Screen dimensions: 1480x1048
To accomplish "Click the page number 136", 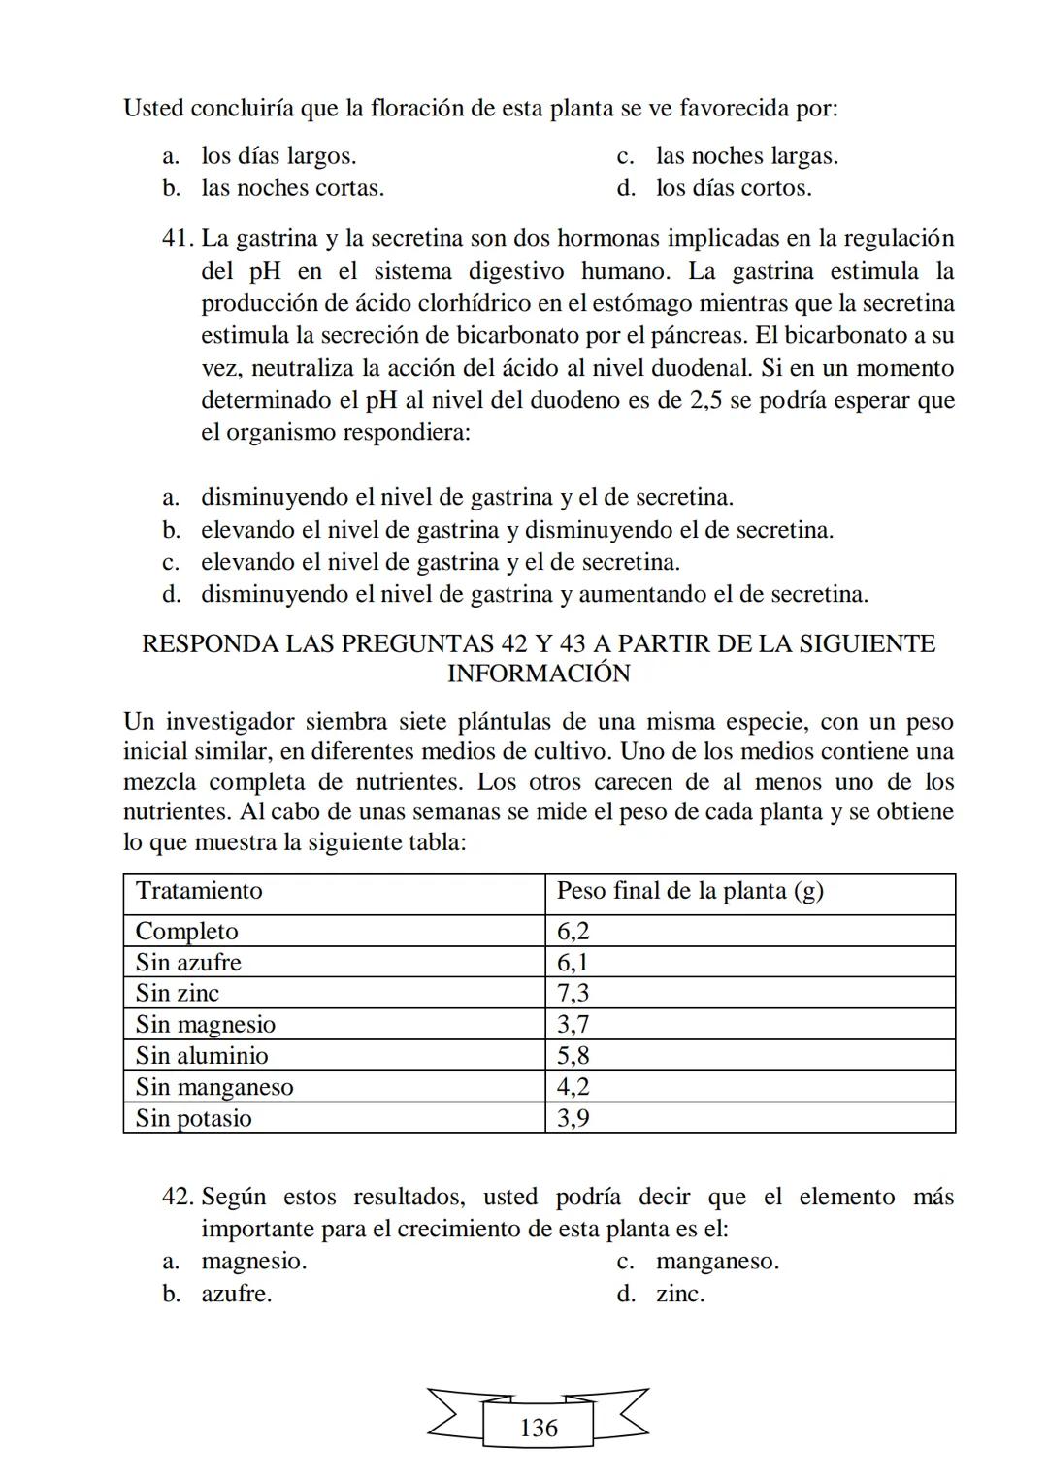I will pyautogui.click(x=539, y=1428).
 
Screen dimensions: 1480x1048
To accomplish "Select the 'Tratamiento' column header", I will pyautogui.click(x=199, y=891).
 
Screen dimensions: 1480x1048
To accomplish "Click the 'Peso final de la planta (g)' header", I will pyautogui.click(x=690, y=891).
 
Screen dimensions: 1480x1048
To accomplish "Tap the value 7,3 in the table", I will pyautogui.click(x=573, y=993).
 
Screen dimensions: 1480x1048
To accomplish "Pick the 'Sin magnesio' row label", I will pyautogui.click(x=206, y=1024).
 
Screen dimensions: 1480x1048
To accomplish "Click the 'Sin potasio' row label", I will pyautogui.click(x=194, y=1118).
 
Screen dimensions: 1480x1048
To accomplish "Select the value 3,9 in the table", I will pyautogui.click(x=573, y=1118).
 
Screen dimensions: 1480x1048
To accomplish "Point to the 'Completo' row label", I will pyautogui.click(x=186, y=932).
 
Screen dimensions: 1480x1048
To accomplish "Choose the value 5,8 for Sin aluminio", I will pyautogui.click(x=573, y=1056).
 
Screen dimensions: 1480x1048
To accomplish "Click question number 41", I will pyautogui.click(x=179, y=239).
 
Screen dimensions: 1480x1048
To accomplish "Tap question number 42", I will pyautogui.click(x=179, y=1198).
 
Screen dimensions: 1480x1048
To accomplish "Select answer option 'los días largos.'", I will pyautogui.click(x=278, y=156).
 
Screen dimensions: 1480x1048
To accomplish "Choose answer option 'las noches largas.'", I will pyautogui.click(x=746, y=156).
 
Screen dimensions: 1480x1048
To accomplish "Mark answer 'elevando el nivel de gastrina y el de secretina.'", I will pyautogui.click(x=440, y=562).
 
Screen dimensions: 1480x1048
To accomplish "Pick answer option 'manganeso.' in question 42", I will pyautogui.click(x=717, y=1262).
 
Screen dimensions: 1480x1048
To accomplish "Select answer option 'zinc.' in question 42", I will pyautogui.click(x=680, y=1294).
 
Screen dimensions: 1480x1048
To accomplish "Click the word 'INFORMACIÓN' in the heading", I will pyautogui.click(x=539, y=674).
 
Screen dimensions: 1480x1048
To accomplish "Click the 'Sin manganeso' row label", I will pyautogui.click(x=214, y=1087).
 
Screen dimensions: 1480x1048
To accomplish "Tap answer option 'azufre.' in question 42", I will pyautogui.click(x=237, y=1294).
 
